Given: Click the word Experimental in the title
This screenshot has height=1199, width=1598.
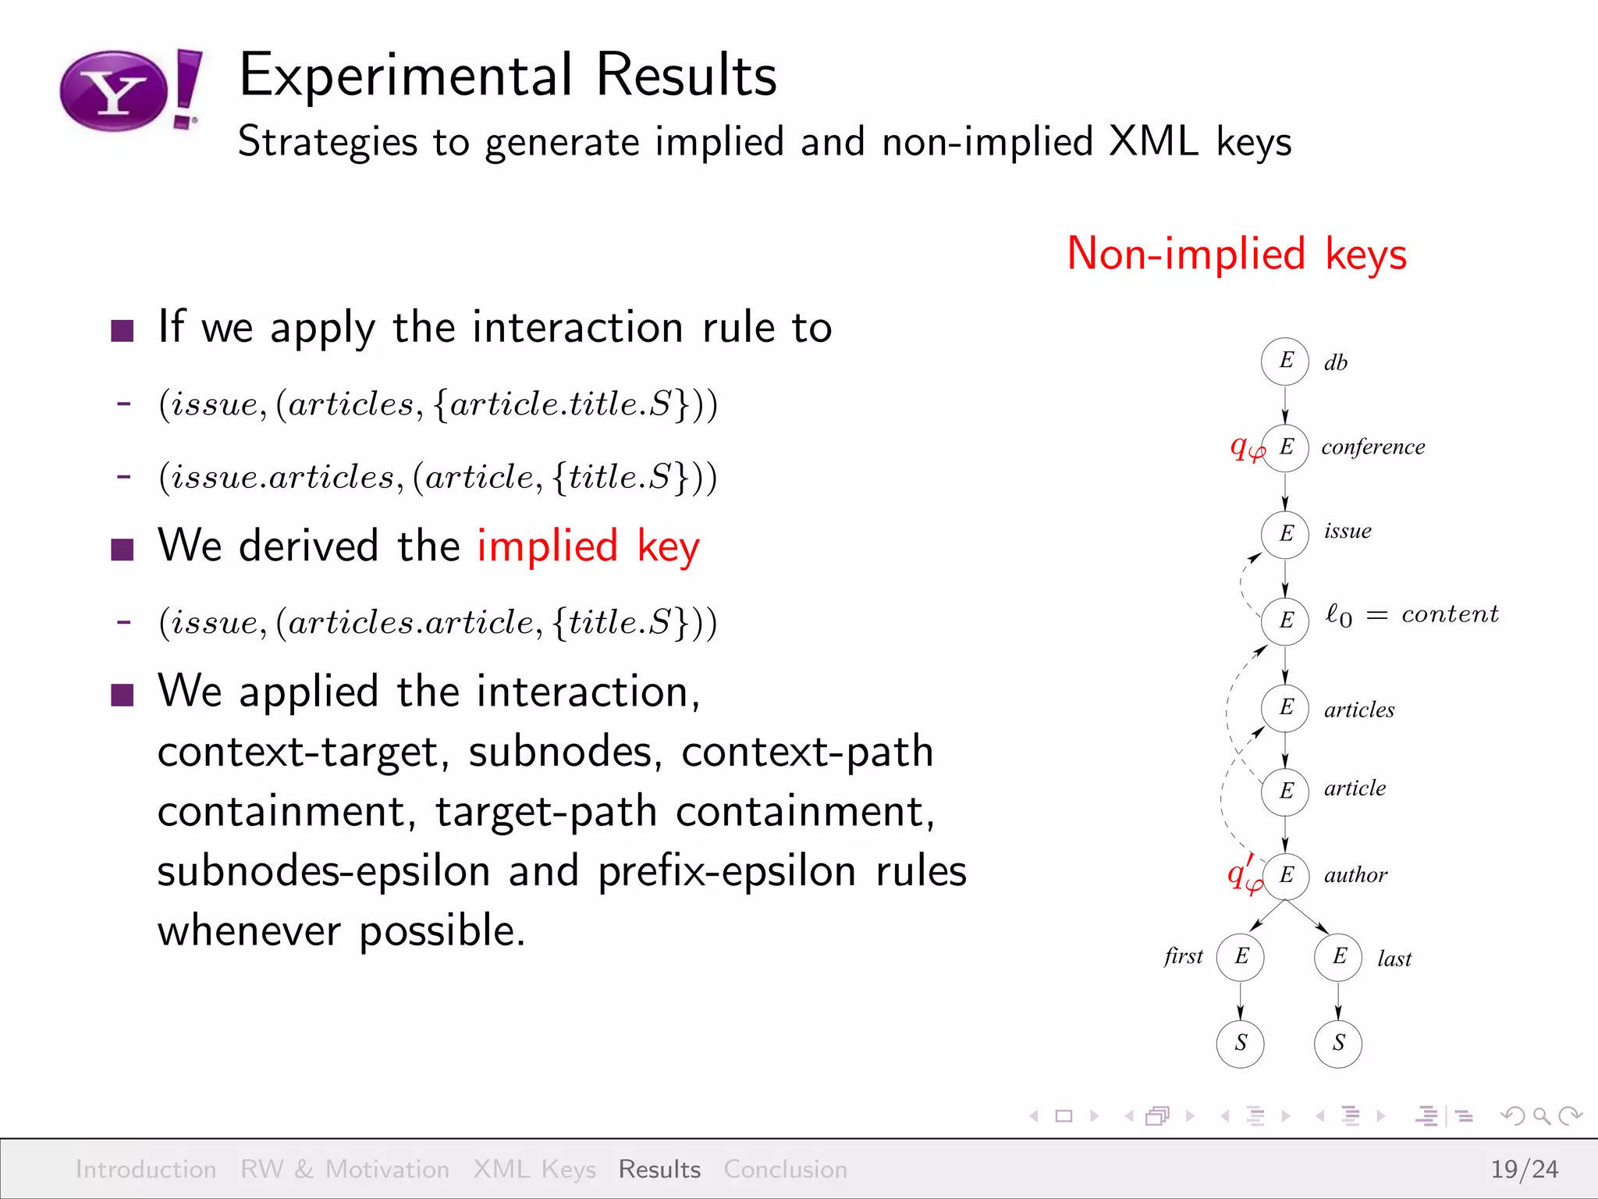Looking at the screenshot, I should click(406, 76).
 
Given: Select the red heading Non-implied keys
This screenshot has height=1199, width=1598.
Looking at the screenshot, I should click(1237, 254).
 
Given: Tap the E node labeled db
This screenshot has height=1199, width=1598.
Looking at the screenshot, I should click(1285, 361).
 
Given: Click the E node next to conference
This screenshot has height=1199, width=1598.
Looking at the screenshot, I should click(1285, 447).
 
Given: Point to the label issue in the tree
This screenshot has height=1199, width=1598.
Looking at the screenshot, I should click(1348, 532).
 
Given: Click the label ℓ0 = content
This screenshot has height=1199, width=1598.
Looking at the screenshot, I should click(1412, 615).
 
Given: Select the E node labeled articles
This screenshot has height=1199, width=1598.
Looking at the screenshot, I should click(1285, 708).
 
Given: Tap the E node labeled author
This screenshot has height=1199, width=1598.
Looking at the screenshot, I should click(1285, 875).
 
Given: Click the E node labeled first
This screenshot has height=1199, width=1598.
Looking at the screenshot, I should click(1241, 957).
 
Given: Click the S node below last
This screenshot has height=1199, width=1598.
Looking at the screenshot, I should click(1338, 1044).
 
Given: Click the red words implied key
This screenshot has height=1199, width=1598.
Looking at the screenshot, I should click(588, 546).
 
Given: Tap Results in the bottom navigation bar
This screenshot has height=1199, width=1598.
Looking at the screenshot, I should click(659, 1169).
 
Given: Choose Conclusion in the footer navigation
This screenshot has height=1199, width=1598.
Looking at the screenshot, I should click(785, 1169).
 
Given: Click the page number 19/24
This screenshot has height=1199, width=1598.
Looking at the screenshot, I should click(1524, 1169).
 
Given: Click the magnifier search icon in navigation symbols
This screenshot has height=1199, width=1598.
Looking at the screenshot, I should click(1541, 1116).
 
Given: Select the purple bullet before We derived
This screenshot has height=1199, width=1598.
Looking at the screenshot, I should click(123, 549).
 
